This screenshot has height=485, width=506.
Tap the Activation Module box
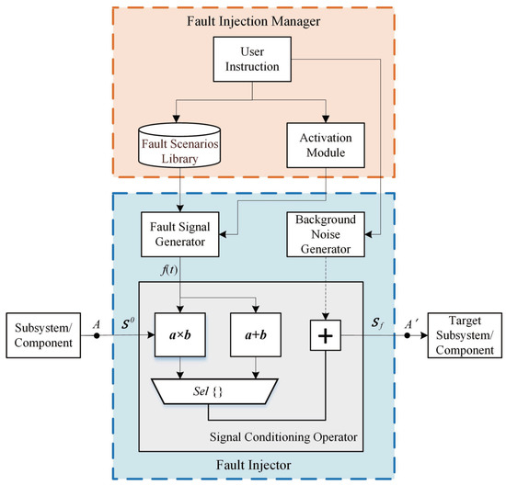click(327, 145)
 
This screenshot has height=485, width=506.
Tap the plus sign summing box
click(327, 336)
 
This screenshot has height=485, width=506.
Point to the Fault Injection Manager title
click(252, 20)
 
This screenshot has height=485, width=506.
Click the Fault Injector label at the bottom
click(252, 465)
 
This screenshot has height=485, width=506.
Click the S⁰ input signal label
click(126, 323)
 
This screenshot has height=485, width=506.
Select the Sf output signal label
click(377, 323)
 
